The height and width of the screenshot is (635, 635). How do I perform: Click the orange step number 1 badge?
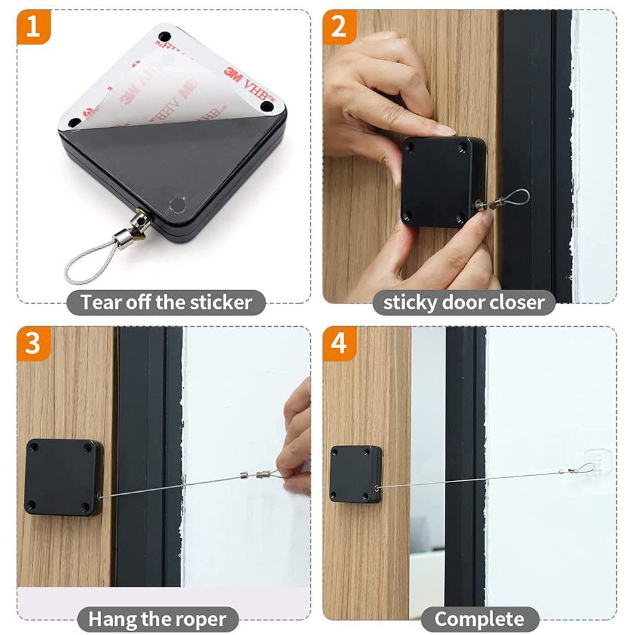tap(34, 26)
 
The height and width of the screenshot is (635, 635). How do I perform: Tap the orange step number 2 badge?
tap(339, 26)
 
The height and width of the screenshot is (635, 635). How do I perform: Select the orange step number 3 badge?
tap(34, 344)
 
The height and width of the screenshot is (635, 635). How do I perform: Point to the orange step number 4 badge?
tap(339, 344)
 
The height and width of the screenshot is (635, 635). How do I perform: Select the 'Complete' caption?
tap(480, 619)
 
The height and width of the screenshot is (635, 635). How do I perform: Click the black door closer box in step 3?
tap(64, 477)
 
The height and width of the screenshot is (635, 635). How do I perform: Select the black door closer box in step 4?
tap(356, 474)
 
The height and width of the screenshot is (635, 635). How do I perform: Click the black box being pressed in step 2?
tap(444, 182)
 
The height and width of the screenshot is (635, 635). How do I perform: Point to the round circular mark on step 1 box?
tap(177, 205)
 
